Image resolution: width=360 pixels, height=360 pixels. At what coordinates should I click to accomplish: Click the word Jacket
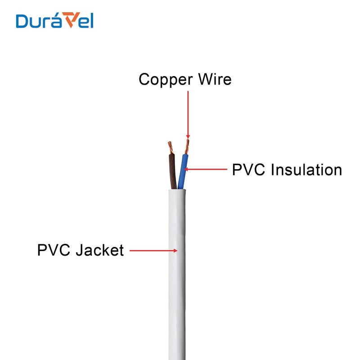point(99,250)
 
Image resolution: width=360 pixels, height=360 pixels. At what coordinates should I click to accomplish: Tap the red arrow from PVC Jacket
point(155,250)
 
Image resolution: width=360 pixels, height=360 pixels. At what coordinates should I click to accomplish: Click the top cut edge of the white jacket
point(177,190)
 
